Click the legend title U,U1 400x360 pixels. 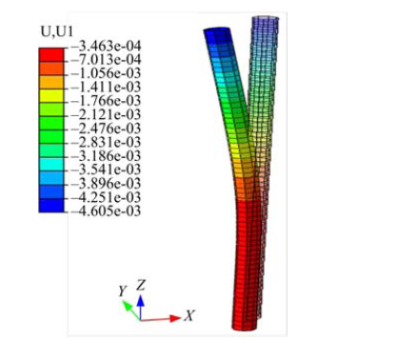point(57,31)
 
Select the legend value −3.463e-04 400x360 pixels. point(106,47)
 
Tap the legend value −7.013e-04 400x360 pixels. point(106,60)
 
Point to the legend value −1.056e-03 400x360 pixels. point(106,73)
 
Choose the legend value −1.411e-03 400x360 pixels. point(106,88)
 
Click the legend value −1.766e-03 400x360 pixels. point(106,101)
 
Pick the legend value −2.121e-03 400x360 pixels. point(106,114)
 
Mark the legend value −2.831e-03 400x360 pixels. point(106,142)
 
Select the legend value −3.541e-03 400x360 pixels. point(106,170)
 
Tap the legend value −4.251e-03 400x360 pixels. point(106,197)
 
